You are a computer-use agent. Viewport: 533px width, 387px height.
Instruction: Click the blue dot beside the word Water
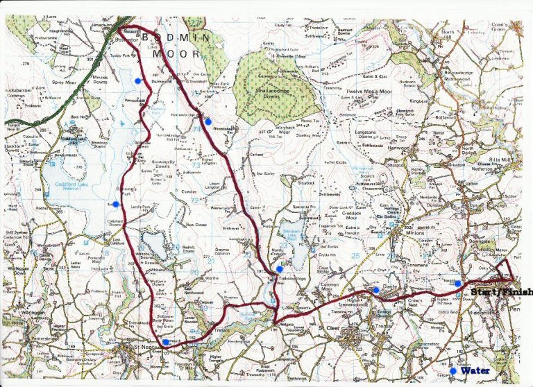click(453, 371)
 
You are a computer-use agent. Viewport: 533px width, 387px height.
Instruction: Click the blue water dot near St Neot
click(165, 342)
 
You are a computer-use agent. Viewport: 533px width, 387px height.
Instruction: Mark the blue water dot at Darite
click(376, 290)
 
